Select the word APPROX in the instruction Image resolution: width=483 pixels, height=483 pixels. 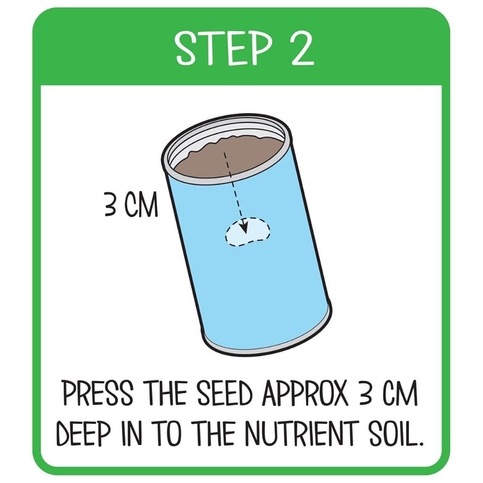[305, 393]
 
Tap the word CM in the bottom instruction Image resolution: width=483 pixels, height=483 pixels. [400, 393]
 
